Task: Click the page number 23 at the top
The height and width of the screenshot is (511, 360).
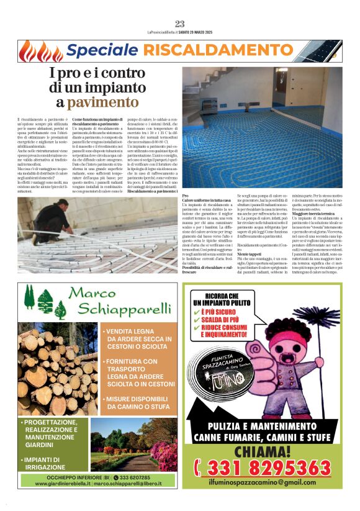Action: [180, 24]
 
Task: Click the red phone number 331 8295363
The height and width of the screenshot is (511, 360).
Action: [262, 468]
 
